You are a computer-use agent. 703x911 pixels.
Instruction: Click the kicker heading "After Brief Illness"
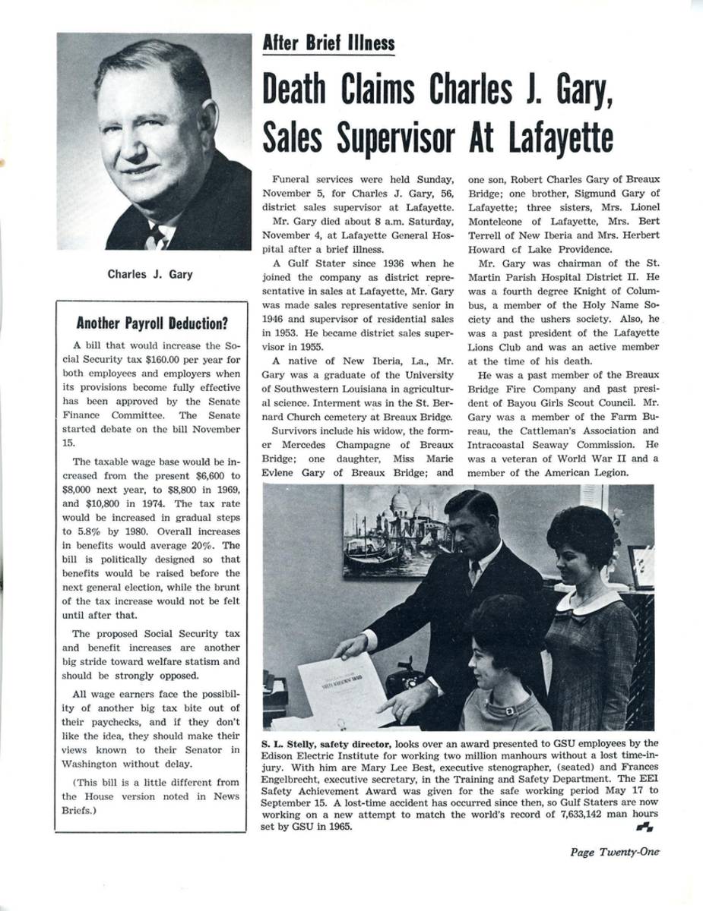click(328, 43)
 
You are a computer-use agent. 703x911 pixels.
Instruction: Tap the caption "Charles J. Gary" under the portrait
click(150, 274)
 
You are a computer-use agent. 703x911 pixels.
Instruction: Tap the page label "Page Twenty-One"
click(614, 852)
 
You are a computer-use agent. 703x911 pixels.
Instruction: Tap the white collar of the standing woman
click(588, 602)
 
